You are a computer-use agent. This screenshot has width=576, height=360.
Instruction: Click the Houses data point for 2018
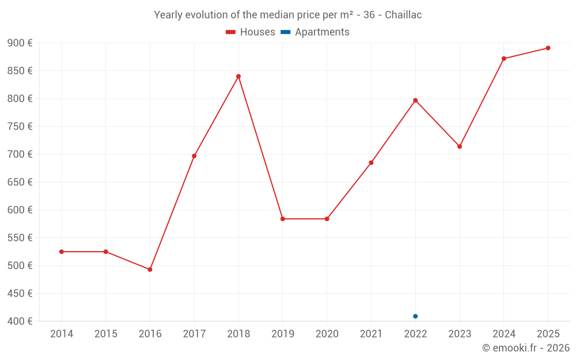pos(238,77)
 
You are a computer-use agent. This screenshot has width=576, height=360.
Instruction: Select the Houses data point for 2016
pos(150,270)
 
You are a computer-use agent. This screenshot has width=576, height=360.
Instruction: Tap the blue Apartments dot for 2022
pos(415,316)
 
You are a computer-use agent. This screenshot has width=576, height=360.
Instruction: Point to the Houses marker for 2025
pos(548,48)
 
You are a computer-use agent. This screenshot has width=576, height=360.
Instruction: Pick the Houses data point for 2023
pos(460,146)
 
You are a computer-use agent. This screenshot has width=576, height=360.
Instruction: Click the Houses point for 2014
pos(62,252)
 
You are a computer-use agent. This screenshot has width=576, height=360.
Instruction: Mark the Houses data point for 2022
pos(415,100)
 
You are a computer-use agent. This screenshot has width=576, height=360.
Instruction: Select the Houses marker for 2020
pos(327,219)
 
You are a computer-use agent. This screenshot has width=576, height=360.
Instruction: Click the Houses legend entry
pos(251,32)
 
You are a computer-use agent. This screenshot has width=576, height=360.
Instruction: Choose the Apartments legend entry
pos(315,32)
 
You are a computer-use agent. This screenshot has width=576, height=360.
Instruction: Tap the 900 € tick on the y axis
pos(20,43)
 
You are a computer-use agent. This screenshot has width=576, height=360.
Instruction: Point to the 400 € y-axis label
pos(20,321)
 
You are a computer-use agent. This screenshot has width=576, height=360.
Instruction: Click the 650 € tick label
pos(20,182)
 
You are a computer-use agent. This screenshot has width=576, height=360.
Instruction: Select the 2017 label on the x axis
pos(194,334)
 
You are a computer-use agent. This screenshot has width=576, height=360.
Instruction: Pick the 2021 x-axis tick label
pos(371,334)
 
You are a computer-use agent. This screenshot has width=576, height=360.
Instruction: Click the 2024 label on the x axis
pos(503,334)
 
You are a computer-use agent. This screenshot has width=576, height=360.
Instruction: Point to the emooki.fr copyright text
pos(526,348)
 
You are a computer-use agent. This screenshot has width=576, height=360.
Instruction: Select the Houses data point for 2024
pos(503,59)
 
